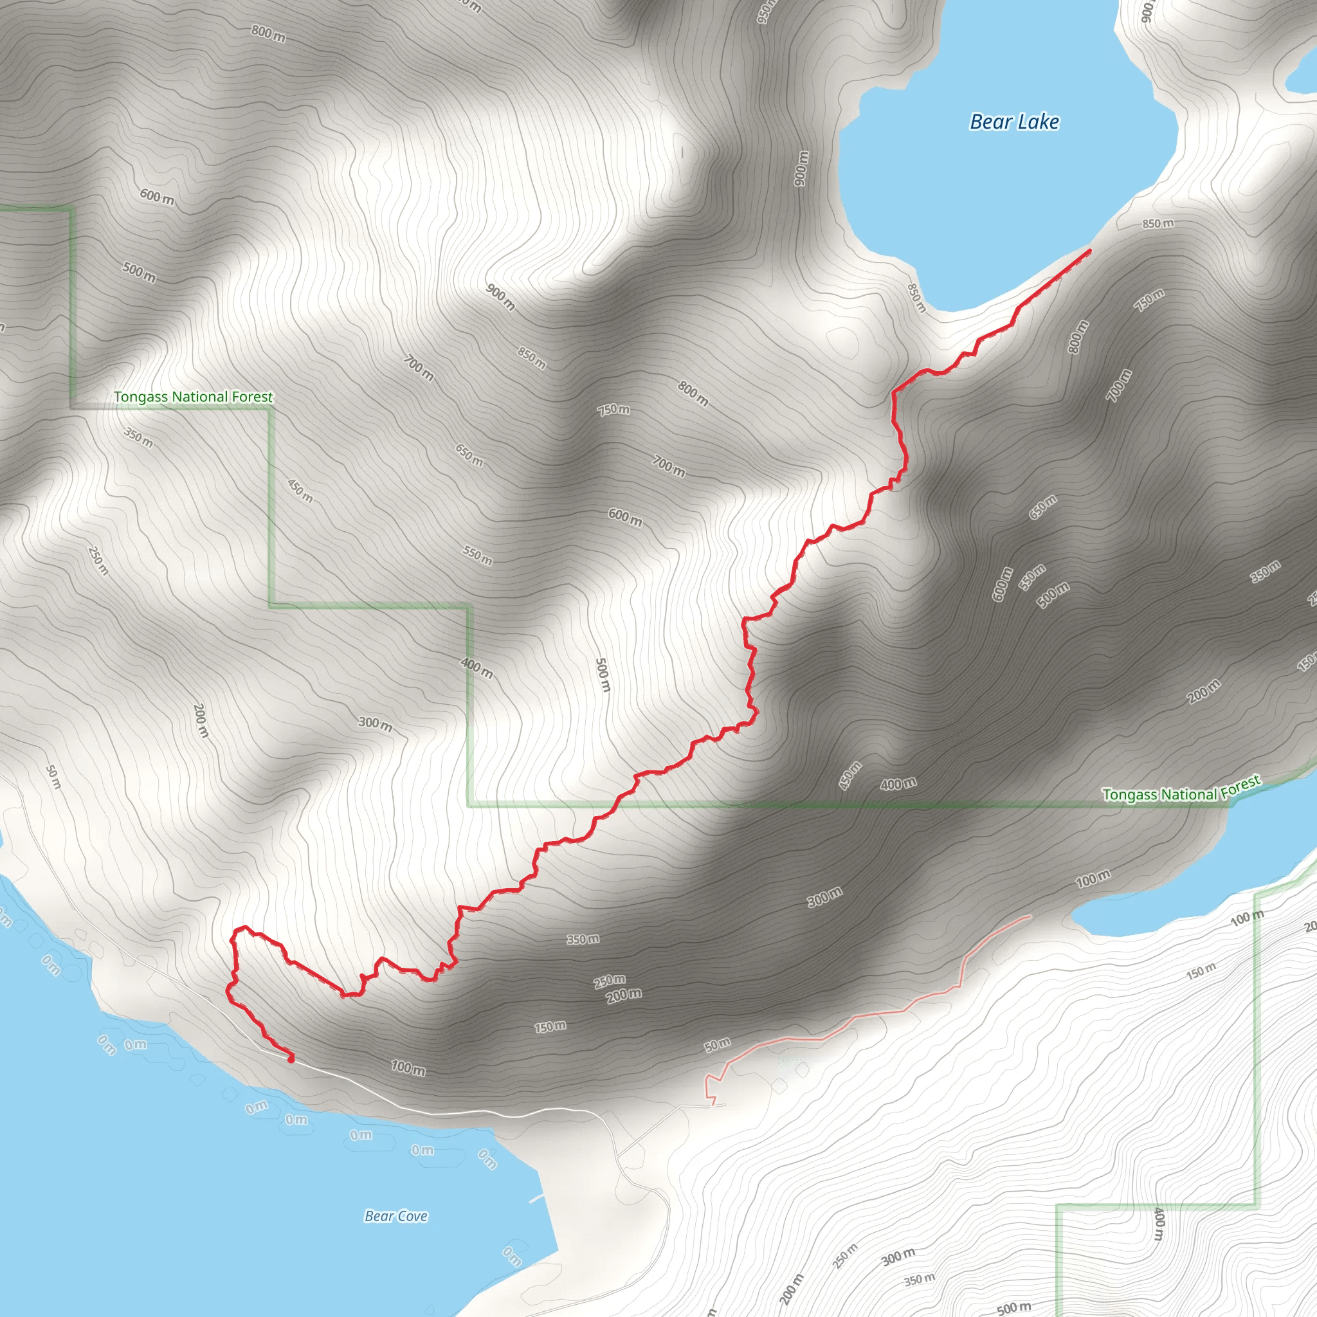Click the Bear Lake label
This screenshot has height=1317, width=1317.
pos(1014,122)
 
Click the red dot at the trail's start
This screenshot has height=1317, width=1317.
pos(291,1060)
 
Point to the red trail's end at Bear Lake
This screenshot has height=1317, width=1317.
pos(1089,251)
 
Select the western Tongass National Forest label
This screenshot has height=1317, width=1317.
pos(193,397)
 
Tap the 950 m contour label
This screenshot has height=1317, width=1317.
pos(766,10)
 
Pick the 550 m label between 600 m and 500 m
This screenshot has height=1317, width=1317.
pos(1032,578)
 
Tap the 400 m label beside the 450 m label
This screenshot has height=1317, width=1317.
pos(898,785)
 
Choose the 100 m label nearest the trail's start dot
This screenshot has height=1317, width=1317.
pos(408,1068)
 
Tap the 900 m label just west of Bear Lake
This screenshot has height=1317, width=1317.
pos(802,168)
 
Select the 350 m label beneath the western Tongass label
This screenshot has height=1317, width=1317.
pos(138,437)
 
